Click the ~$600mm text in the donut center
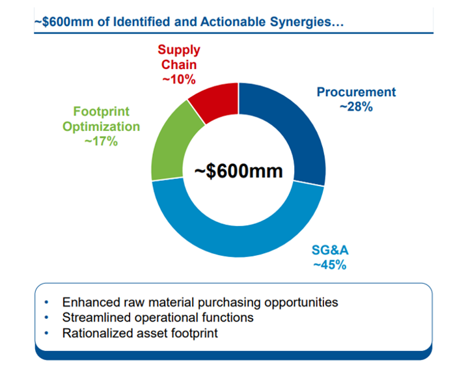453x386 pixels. [x=239, y=171]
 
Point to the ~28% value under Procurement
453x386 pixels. [x=356, y=107]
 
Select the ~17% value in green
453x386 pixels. [x=101, y=141]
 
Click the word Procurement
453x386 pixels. [x=356, y=92]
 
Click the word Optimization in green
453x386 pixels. [x=101, y=126]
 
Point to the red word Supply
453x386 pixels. [x=178, y=49]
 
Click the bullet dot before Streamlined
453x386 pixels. [x=46, y=318]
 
